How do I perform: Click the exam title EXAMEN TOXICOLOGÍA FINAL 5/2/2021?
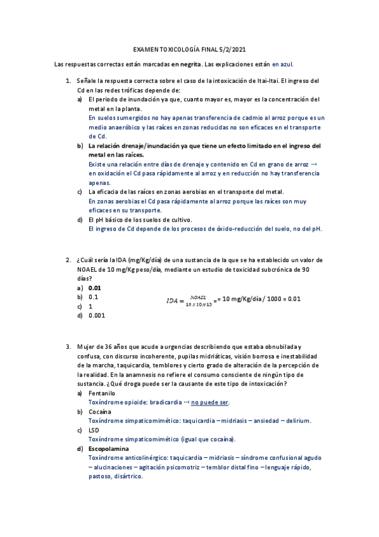[x=189, y=49]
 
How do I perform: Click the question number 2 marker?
[x=68, y=260]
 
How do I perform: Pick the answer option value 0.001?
[x=97, y=315]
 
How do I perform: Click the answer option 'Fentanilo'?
[x=102, y=393]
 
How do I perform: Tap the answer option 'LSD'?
[x=94, y=430]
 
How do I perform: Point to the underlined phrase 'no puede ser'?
[x=210, y=402]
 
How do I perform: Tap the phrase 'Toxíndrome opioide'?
[x=116, y=402]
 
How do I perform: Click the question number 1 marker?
[x=68, y=81]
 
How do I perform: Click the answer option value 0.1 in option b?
[x=93, y=296]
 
